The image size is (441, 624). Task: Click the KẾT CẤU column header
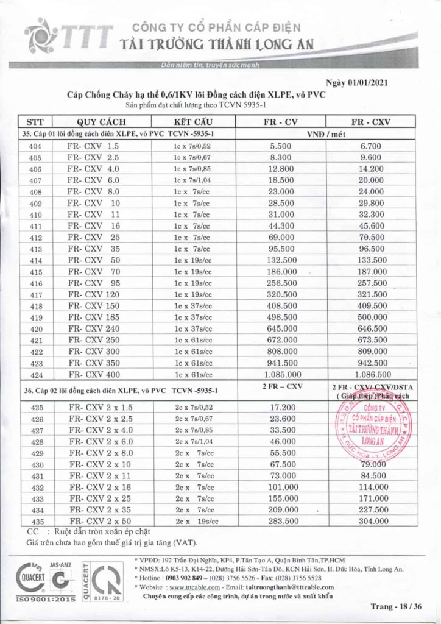point(192,121)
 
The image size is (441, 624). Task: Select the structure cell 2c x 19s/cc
point(192,521)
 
